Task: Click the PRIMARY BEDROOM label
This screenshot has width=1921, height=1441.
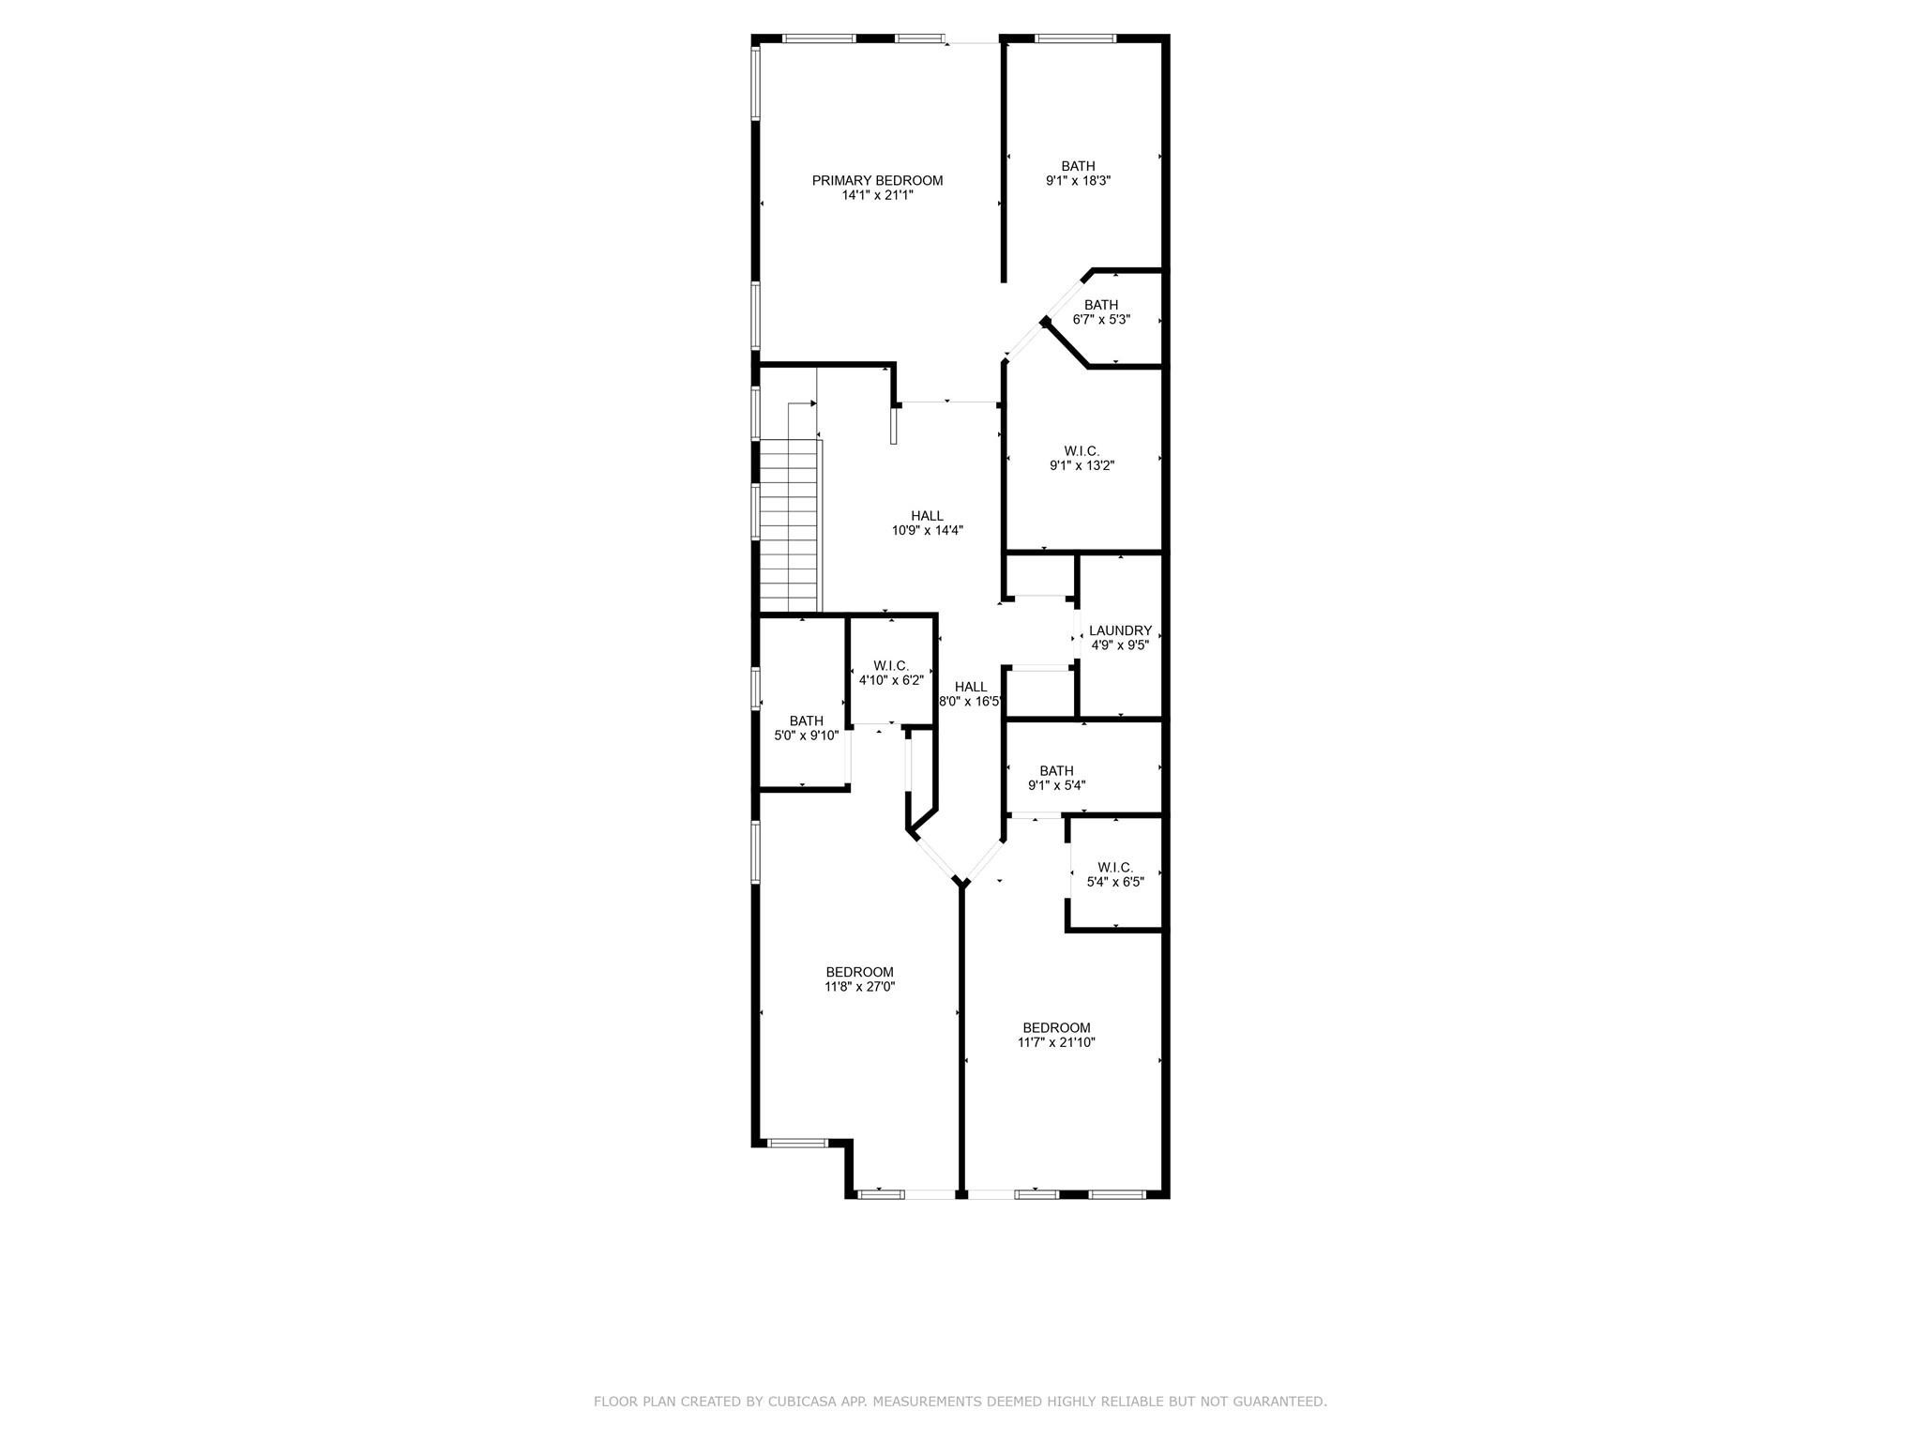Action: point(877,181)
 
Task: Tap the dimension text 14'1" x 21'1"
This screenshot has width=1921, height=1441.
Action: point(877,196)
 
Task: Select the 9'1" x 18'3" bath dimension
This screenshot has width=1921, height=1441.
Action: point(1078,181)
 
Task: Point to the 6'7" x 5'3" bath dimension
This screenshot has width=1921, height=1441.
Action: point(1101,319)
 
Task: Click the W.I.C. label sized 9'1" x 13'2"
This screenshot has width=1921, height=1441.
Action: point(1082,450)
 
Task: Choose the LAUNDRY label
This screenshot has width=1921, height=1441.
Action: point(1120,630)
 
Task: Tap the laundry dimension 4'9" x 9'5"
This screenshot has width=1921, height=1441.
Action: point(1120,645)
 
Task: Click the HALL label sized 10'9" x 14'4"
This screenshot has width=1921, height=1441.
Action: point(927,515)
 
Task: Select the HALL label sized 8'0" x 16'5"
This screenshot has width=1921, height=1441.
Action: point(971,687)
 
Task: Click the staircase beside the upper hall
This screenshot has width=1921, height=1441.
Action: point(790,525)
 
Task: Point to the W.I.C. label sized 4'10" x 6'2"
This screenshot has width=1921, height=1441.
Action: point(891,666)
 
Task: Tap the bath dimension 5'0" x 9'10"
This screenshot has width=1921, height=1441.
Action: point(806,736)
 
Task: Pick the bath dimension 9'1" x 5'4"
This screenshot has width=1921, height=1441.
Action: point(1056,786)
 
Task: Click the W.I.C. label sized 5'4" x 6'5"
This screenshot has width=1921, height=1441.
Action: point(1115,867)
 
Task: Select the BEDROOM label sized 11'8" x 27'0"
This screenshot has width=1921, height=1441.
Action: point(859,972)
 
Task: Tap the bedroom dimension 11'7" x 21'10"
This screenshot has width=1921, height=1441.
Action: point(1056,1042)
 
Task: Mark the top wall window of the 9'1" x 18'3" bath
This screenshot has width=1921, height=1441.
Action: point(1075,38)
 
